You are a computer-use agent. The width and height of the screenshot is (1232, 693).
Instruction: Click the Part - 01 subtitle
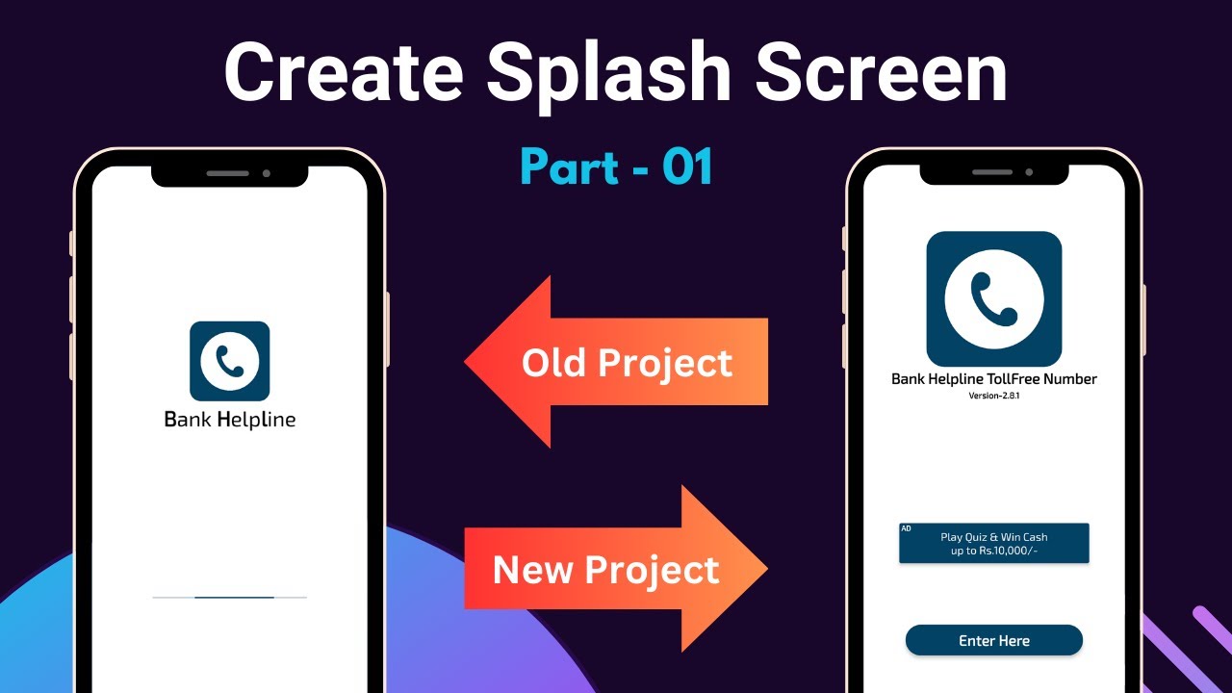coord(616,167)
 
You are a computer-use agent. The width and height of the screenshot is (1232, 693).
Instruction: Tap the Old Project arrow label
coord(627,363)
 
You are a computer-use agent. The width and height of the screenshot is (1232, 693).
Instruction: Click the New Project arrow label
coord(605,570)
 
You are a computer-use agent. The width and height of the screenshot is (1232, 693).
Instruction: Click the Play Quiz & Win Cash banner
coord(994,544)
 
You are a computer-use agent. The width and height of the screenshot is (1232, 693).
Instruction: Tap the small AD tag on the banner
coord(906,528)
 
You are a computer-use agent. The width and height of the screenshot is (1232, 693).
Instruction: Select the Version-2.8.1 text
coord(993,397)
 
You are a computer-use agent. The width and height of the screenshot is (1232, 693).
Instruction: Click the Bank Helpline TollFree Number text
coord(993,379)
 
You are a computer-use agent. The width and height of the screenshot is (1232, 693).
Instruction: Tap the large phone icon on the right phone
coord(994,298)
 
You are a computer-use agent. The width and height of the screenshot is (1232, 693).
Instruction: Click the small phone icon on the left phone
coord(230,361)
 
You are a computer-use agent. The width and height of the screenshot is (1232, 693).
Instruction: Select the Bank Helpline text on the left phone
coord(230,420)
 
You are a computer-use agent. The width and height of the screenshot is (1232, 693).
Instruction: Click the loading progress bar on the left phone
coord(230,598)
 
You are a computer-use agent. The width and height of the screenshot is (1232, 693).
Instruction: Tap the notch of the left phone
coord(230,174)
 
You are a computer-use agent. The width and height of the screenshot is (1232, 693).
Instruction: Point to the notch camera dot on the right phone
coord(1029,172)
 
